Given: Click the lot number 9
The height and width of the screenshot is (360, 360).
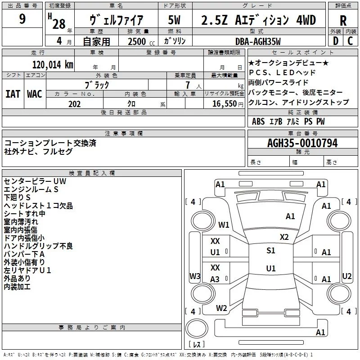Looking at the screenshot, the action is [x=22, y=19].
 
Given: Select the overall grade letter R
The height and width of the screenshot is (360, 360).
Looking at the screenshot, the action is [x=343, y=21].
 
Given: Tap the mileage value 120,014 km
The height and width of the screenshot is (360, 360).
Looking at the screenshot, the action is [x=53, y=65].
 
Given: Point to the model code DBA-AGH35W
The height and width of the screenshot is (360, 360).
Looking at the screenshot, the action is [x=258, y=41].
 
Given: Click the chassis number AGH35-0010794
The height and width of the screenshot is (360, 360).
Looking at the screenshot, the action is [x=302, y=143].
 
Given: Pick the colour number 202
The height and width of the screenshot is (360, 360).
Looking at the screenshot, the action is [x=74, y=104].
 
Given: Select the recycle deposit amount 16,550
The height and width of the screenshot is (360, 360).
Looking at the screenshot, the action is [x=224, y=104].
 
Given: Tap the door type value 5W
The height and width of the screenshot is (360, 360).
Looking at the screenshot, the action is [x=174, y=20].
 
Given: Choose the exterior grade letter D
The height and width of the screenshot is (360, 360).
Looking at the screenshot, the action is [x=336, y=41].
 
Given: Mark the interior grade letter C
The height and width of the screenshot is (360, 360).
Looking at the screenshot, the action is [x=350, y=41].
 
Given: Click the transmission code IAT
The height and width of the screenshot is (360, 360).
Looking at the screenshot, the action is [x=13, y=94].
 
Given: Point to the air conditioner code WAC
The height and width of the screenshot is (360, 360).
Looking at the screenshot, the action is [x=35, y=94].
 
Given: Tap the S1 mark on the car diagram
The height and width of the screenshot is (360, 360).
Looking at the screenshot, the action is [x=271, y=251].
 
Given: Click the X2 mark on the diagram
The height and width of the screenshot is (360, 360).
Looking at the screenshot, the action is [x=284, y=237].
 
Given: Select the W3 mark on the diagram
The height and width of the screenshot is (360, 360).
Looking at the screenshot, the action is [x=195, y=276].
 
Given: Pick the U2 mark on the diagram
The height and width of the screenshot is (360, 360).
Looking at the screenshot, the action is [x=346, y=276].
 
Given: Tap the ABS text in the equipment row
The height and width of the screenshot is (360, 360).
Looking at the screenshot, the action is [x=258, y=121].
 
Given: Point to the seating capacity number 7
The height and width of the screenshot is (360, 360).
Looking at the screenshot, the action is [x=188, y=85].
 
